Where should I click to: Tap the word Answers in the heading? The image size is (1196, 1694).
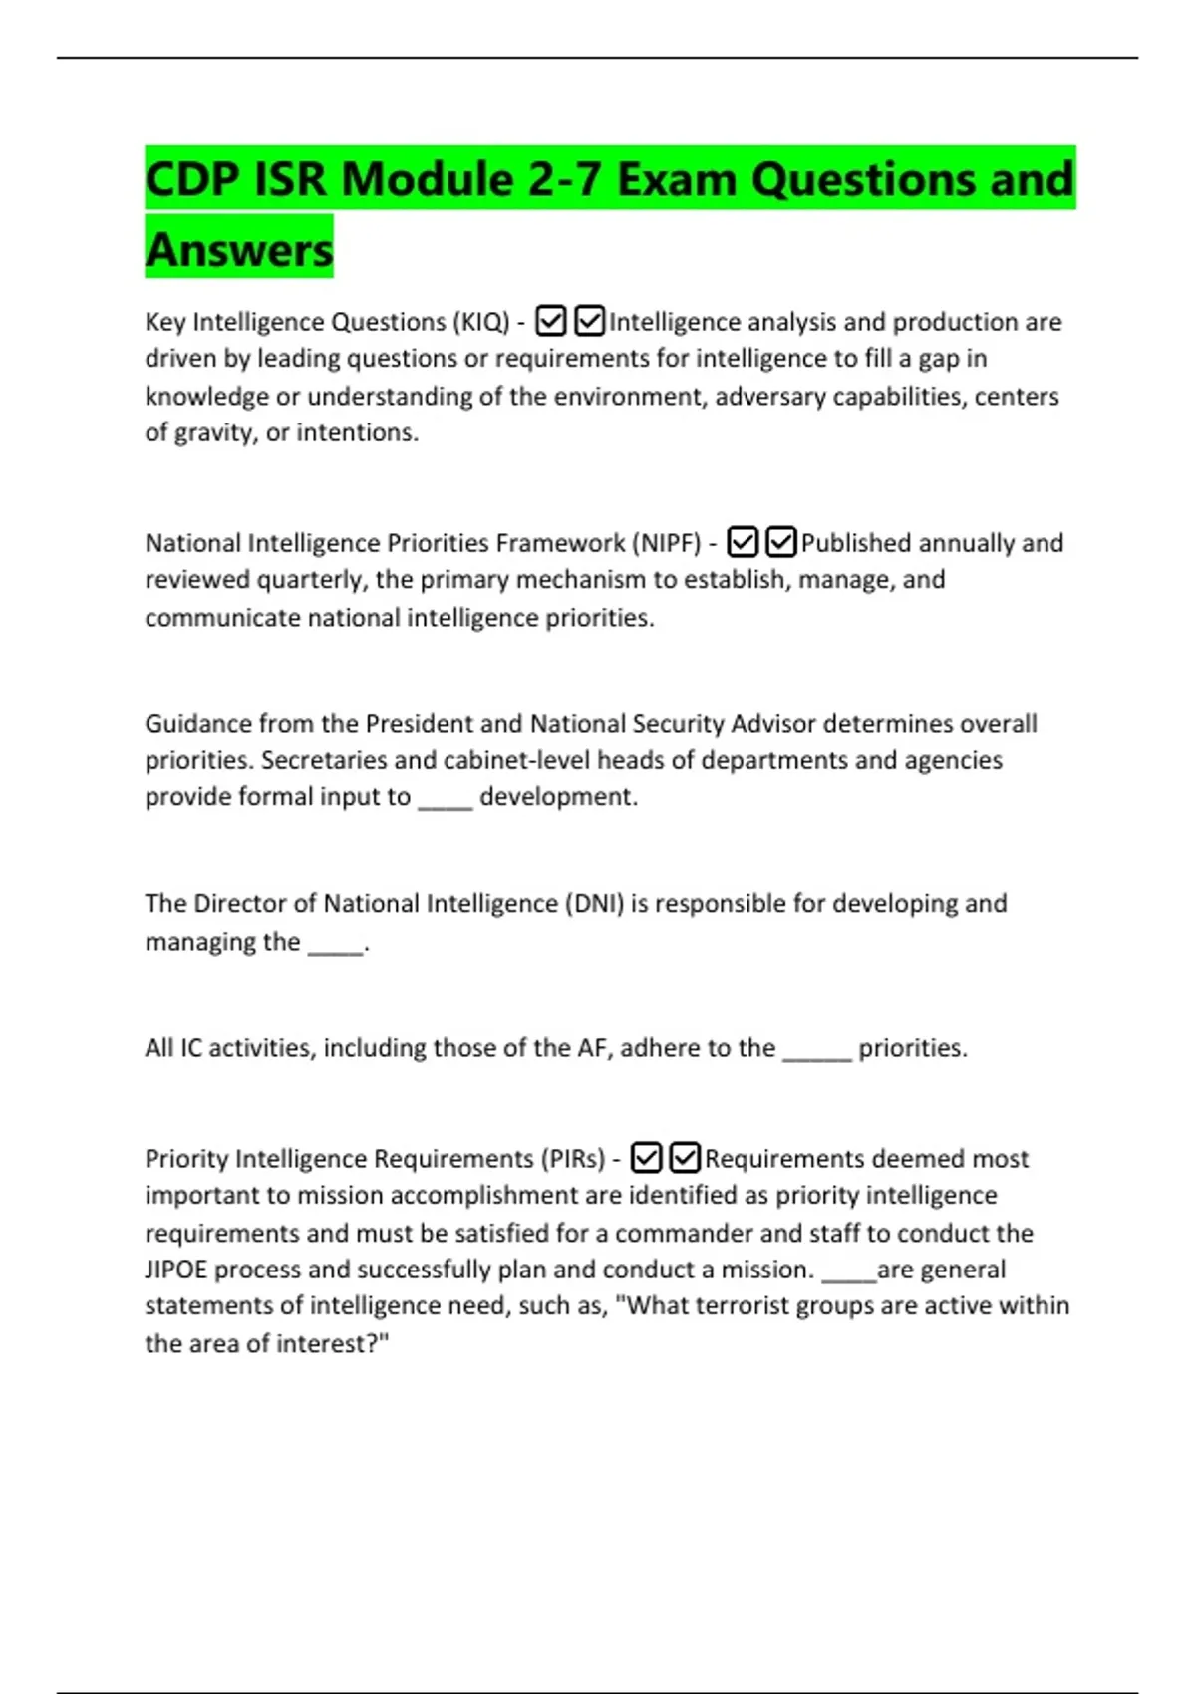(239, 249)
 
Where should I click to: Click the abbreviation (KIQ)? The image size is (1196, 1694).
(481, 322)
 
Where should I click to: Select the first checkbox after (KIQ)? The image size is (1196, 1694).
(551, 321)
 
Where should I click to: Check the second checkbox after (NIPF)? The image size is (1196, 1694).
(781, 542)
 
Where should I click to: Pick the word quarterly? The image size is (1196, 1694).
(312, 580)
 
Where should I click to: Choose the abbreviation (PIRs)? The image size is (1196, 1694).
(573, 1159)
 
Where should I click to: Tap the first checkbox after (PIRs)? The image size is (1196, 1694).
(647, 1158)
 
